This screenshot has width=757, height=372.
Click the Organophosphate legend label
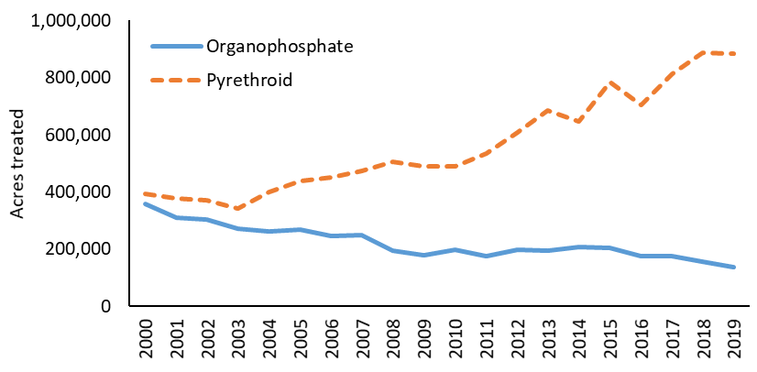[267, 46]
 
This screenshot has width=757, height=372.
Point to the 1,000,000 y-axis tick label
[71, 21]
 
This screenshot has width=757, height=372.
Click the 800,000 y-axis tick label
[78, 78]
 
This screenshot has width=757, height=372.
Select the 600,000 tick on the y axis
[78, 135]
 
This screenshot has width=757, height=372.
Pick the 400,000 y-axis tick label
[78, 192]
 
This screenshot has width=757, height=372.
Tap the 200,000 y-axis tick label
[78, 249]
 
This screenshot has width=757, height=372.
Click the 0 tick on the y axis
[106, 306]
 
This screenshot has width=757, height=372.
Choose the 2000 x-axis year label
[145, 337]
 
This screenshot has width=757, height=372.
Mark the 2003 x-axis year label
[238, 337]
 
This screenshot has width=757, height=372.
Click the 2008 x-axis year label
[393, 337]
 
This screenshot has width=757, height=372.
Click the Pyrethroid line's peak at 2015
[610, 82]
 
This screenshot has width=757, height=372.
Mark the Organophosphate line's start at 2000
[145, 203]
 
